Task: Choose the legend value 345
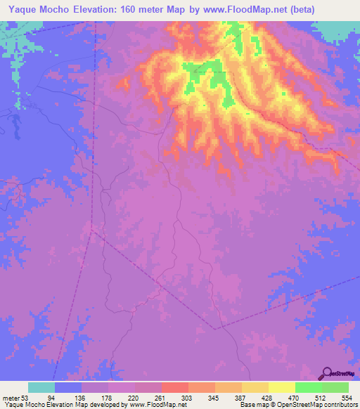[x=214, y=398]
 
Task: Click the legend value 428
[x=267, y=398]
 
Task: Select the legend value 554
[x=347, y=398]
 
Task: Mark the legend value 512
[x=321, y=398]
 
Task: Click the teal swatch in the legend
[x=41, y=387]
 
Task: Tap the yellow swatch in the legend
[x=281, y=387]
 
